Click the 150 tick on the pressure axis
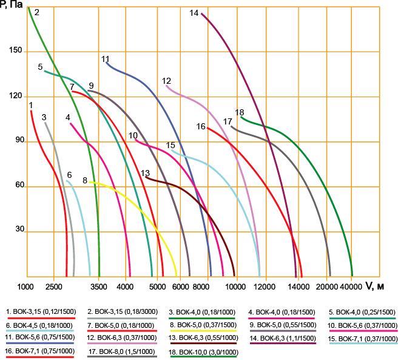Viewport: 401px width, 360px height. (16, 50)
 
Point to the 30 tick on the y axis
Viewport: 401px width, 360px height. (19, 229)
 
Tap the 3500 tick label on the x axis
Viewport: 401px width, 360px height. (99, 287)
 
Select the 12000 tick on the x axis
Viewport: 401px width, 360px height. (266, 287)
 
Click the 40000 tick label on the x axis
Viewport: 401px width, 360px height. (351, 287)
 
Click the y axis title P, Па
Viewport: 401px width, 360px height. (12, 4)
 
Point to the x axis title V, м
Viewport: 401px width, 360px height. (375, 286)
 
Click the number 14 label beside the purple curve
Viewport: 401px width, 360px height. (194, 13)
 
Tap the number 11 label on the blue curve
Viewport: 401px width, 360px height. (106, 59)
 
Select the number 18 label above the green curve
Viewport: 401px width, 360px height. (240, 112)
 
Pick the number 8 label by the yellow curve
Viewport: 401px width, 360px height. (85, 180)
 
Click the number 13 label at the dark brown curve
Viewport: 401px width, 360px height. (145, 173)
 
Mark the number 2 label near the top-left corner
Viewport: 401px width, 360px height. (37, 12)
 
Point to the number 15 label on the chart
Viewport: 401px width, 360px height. (170, 145)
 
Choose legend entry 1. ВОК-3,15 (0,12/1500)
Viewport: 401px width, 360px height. (41, 311)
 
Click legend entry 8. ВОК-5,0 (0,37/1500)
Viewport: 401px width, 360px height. (203, 325)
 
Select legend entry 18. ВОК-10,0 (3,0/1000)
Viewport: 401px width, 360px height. (204, 352)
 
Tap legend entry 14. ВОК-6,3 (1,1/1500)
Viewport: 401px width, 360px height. (283, 338)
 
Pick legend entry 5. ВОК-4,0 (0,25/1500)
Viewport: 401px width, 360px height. (362, 312)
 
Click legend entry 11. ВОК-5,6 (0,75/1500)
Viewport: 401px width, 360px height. (40, 337)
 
